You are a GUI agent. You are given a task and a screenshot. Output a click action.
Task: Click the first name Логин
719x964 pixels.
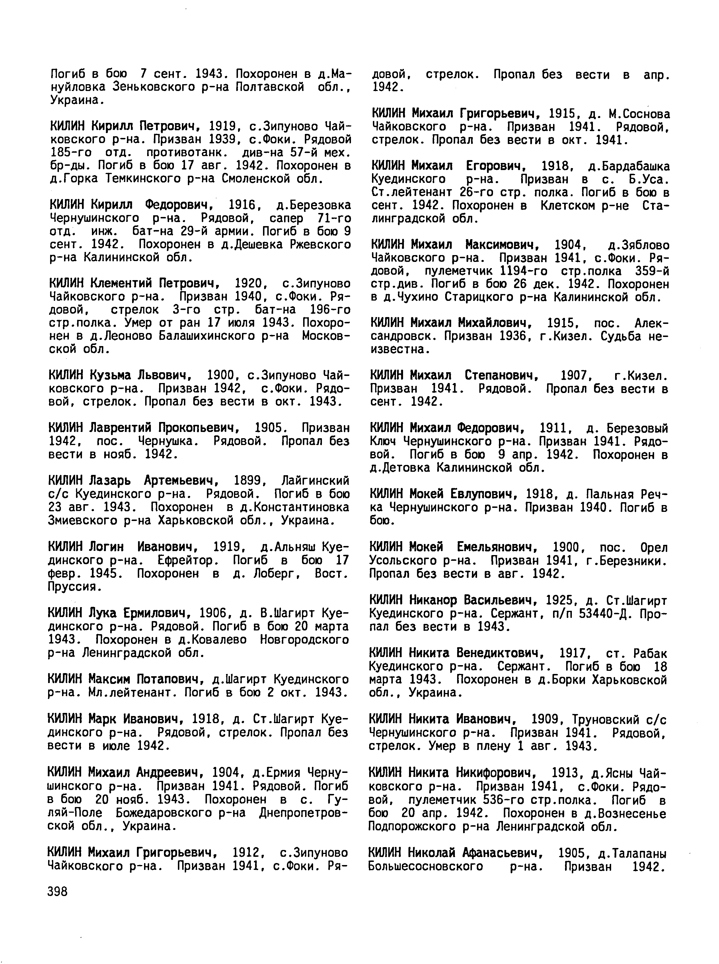pos(106,547)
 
